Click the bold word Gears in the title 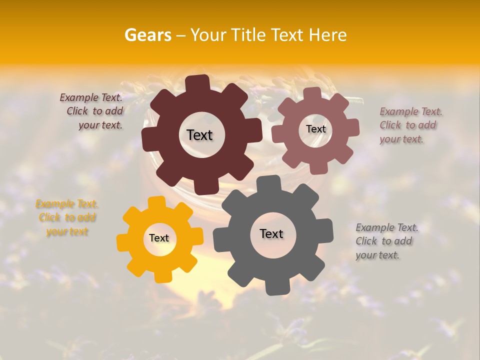[x=147, y=35]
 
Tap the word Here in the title [x=328, y=35]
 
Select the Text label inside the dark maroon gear [x=199, y=135]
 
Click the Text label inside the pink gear [x=315, y=129]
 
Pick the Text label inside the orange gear [x=159, y=238]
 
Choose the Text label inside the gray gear [x=271, y=234]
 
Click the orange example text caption [x=67, y=218]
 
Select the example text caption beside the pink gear [x=410, y=125]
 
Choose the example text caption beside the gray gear [x=386, y=241]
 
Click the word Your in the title [x=209, y=35]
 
